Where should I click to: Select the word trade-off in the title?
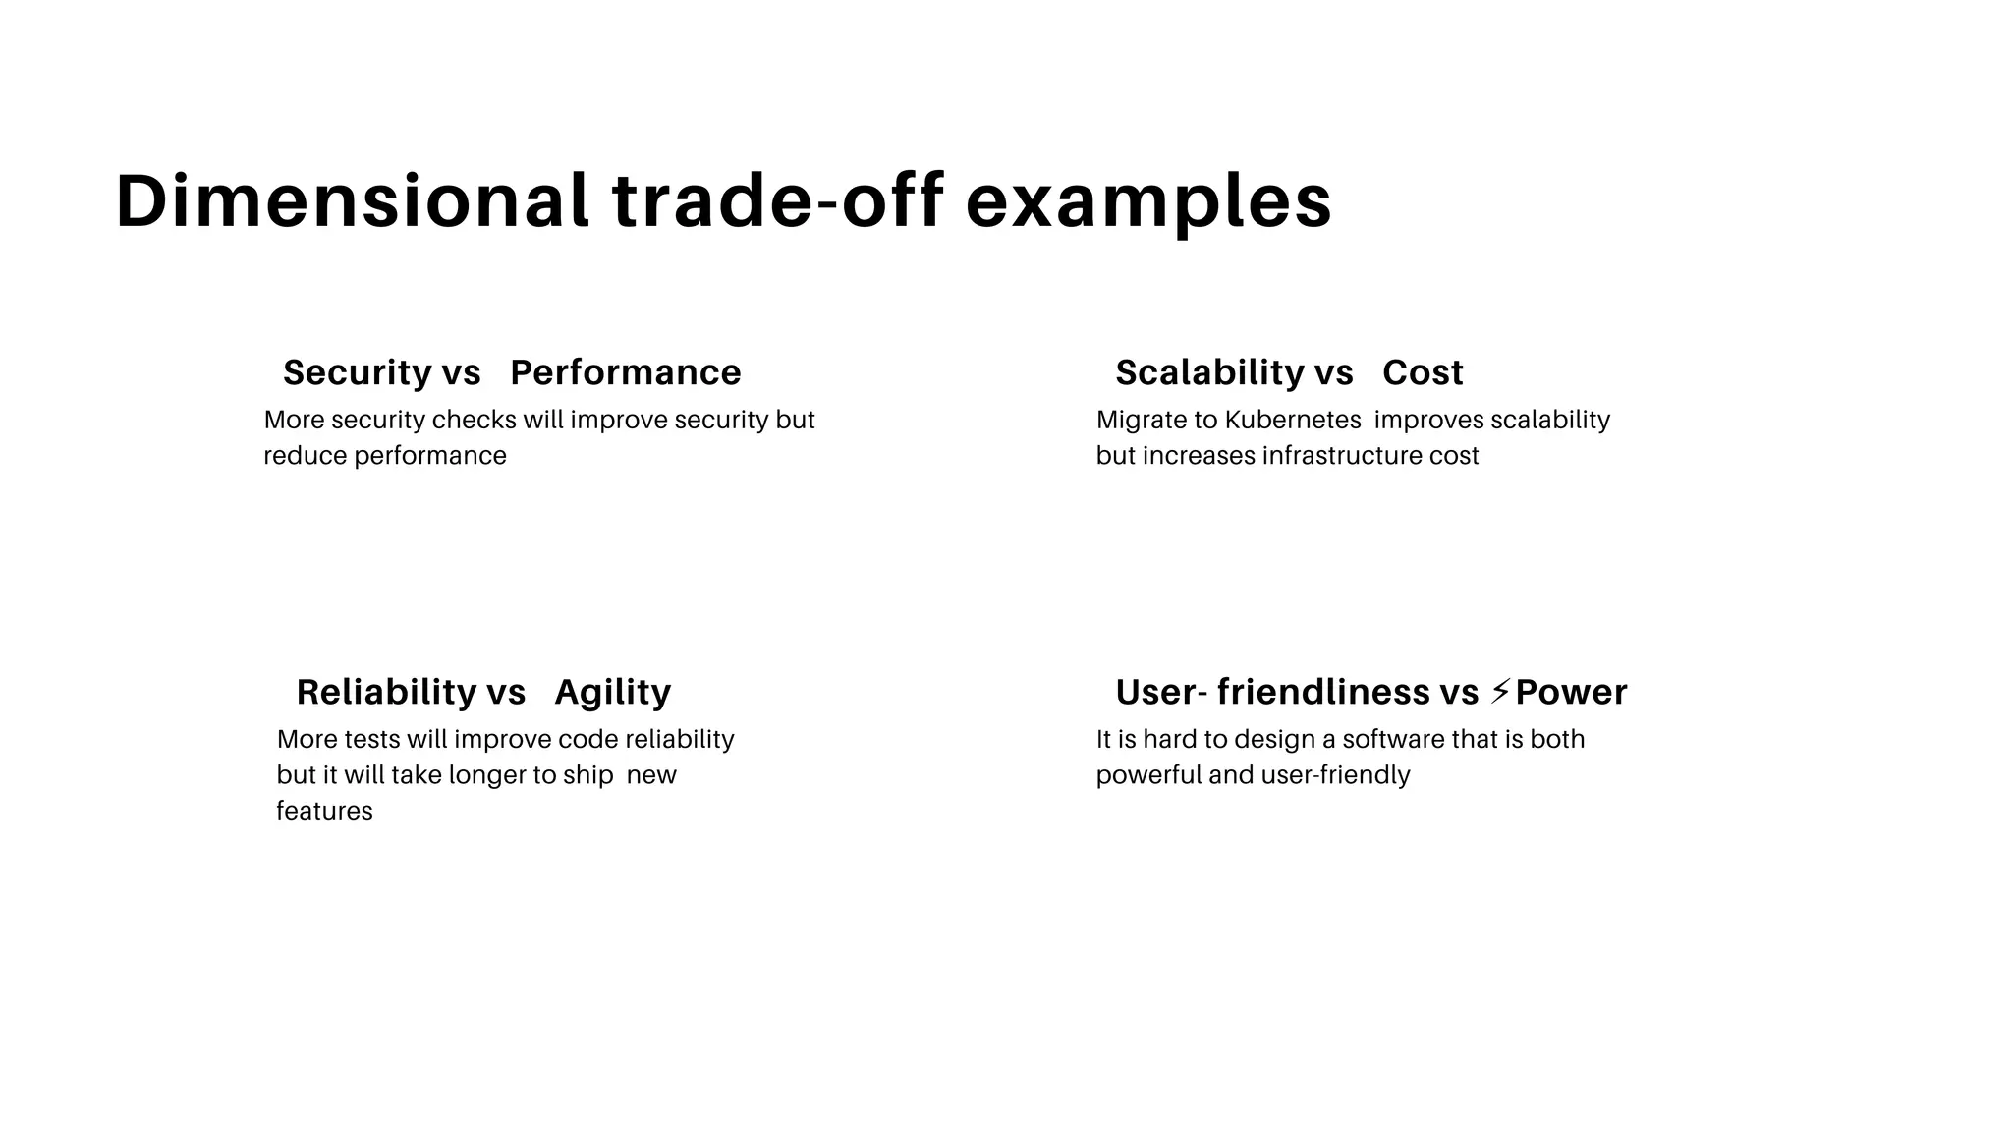click(x=777, y=201)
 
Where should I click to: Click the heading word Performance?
click(x=625, y=372)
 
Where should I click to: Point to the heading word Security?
click(x=357, y=372)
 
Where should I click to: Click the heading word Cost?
click(x=1422, y=372)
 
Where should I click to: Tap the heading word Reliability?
click(x=385, y=692)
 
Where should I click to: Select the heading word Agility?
click(x=612, y=692)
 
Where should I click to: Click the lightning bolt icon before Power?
click(x=1499, y=691)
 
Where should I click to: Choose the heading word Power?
click(x=1571, y=692)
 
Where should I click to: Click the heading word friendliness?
click(x=1322, y=692)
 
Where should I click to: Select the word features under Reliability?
click(x=324, y=811)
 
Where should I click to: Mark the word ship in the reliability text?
click(x=587, y=775)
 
